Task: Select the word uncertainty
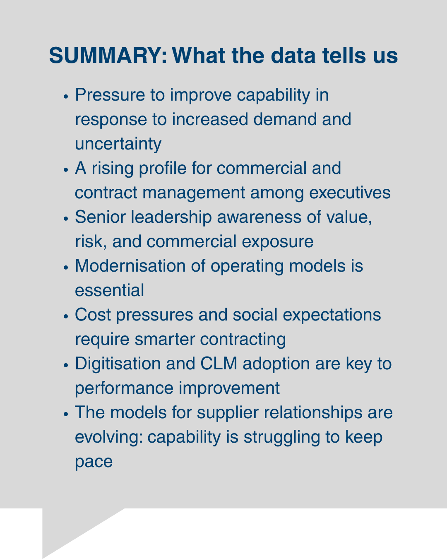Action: coord(118,144)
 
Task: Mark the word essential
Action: coord(109,291)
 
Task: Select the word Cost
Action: coord(93,315)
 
